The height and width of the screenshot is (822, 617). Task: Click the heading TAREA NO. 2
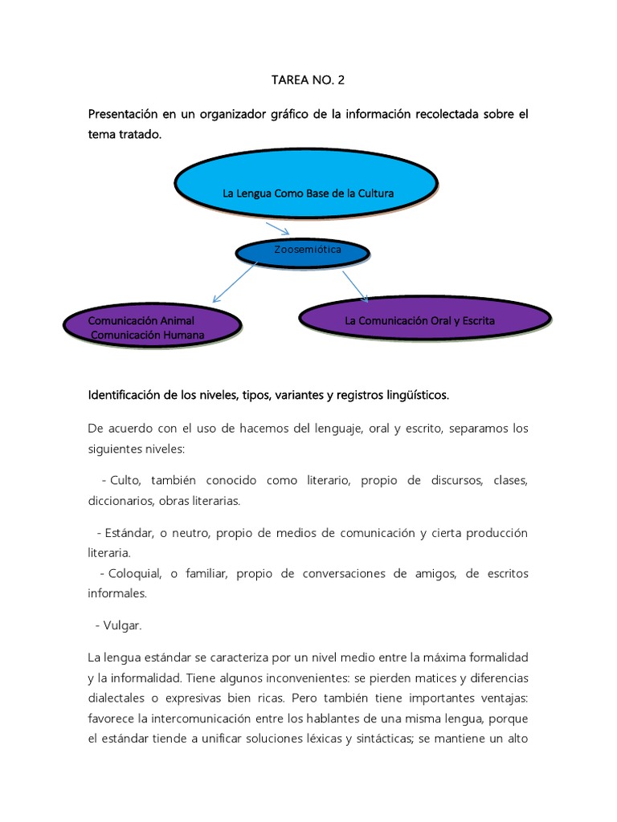tap(308, 80)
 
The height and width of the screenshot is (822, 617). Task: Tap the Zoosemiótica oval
tap(302, 252)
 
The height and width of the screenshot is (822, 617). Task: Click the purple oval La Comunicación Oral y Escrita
tap(424, 319)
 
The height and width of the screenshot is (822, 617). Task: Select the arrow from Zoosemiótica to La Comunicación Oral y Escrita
tap(354, 286)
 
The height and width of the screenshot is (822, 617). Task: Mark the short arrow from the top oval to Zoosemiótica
tap(277, 229)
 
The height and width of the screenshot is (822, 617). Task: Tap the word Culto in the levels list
tap(125, 480)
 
